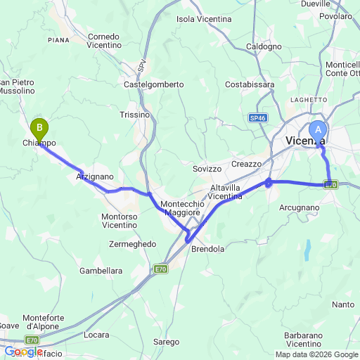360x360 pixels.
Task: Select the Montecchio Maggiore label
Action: point(181,207)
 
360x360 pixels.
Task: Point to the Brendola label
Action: point(208,249)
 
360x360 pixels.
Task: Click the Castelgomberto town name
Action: point(153,84)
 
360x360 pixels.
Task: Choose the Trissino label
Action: point(135,115)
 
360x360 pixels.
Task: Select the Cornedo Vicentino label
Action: point(104,40)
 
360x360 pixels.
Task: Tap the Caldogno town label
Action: point(264,46)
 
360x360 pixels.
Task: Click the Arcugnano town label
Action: point(299,207)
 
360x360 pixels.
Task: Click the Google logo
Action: point(22,352)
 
